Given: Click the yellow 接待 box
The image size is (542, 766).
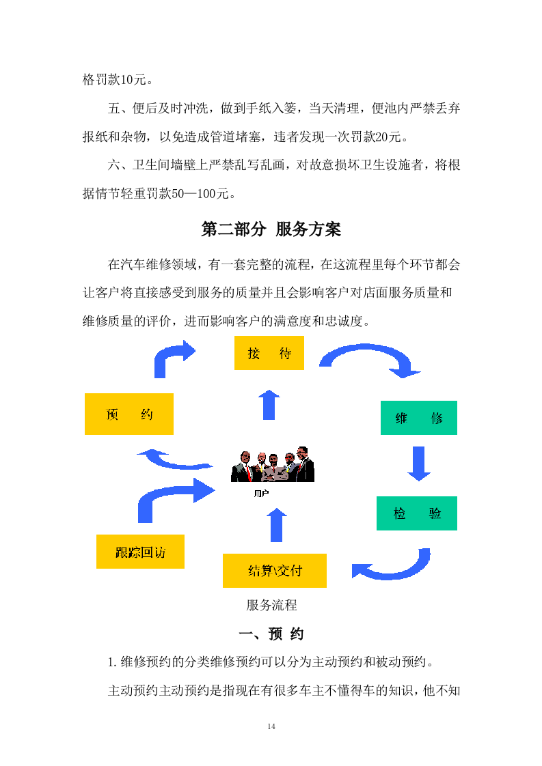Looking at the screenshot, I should point(269,353).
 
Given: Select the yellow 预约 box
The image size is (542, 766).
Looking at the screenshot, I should point(128,414).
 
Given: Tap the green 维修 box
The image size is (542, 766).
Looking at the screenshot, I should point(418,418).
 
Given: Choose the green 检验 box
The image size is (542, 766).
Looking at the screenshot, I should point(416,513).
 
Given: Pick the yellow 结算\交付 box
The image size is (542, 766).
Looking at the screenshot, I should point(274,571).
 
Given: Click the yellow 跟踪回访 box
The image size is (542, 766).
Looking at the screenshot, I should point(140,552).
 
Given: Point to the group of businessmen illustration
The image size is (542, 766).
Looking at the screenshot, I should point(272,465).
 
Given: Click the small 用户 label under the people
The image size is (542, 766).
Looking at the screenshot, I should point(260,493).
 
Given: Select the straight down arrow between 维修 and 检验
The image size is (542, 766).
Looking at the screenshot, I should point(418,464).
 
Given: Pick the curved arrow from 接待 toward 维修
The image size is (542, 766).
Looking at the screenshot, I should point(370,359).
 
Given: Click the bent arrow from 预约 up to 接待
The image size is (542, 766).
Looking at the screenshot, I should point(172,358).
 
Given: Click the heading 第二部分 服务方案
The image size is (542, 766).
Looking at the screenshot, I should point(271,229).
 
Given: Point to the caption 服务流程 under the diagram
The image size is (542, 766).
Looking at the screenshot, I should point(271,605).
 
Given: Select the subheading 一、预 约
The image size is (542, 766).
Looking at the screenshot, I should point(271,634).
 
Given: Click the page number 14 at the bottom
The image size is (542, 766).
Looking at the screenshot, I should point(271,726).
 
